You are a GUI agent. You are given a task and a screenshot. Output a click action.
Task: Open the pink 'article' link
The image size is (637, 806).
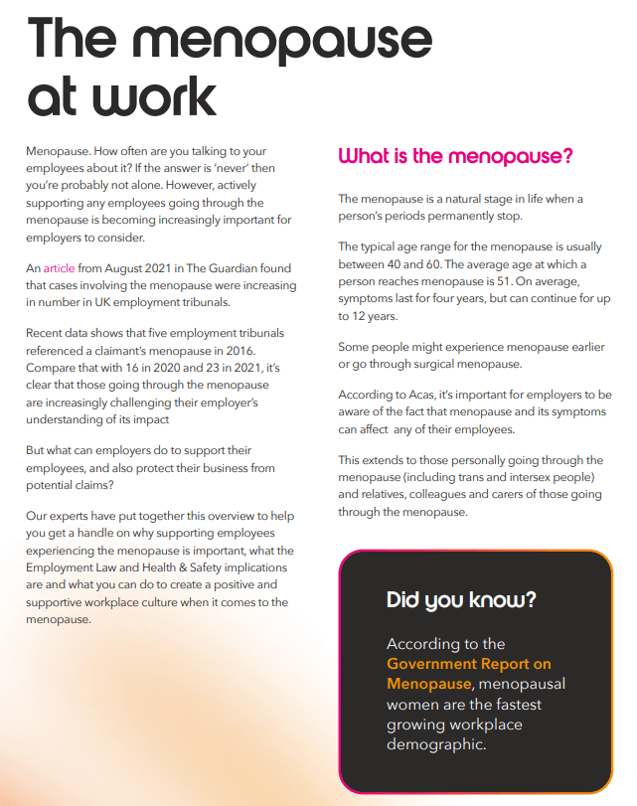coord(59,269)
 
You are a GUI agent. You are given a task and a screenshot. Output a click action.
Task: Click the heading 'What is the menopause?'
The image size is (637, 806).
coord(456,156)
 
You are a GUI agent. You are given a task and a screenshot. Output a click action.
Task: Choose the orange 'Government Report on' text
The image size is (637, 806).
coord(469,664)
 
